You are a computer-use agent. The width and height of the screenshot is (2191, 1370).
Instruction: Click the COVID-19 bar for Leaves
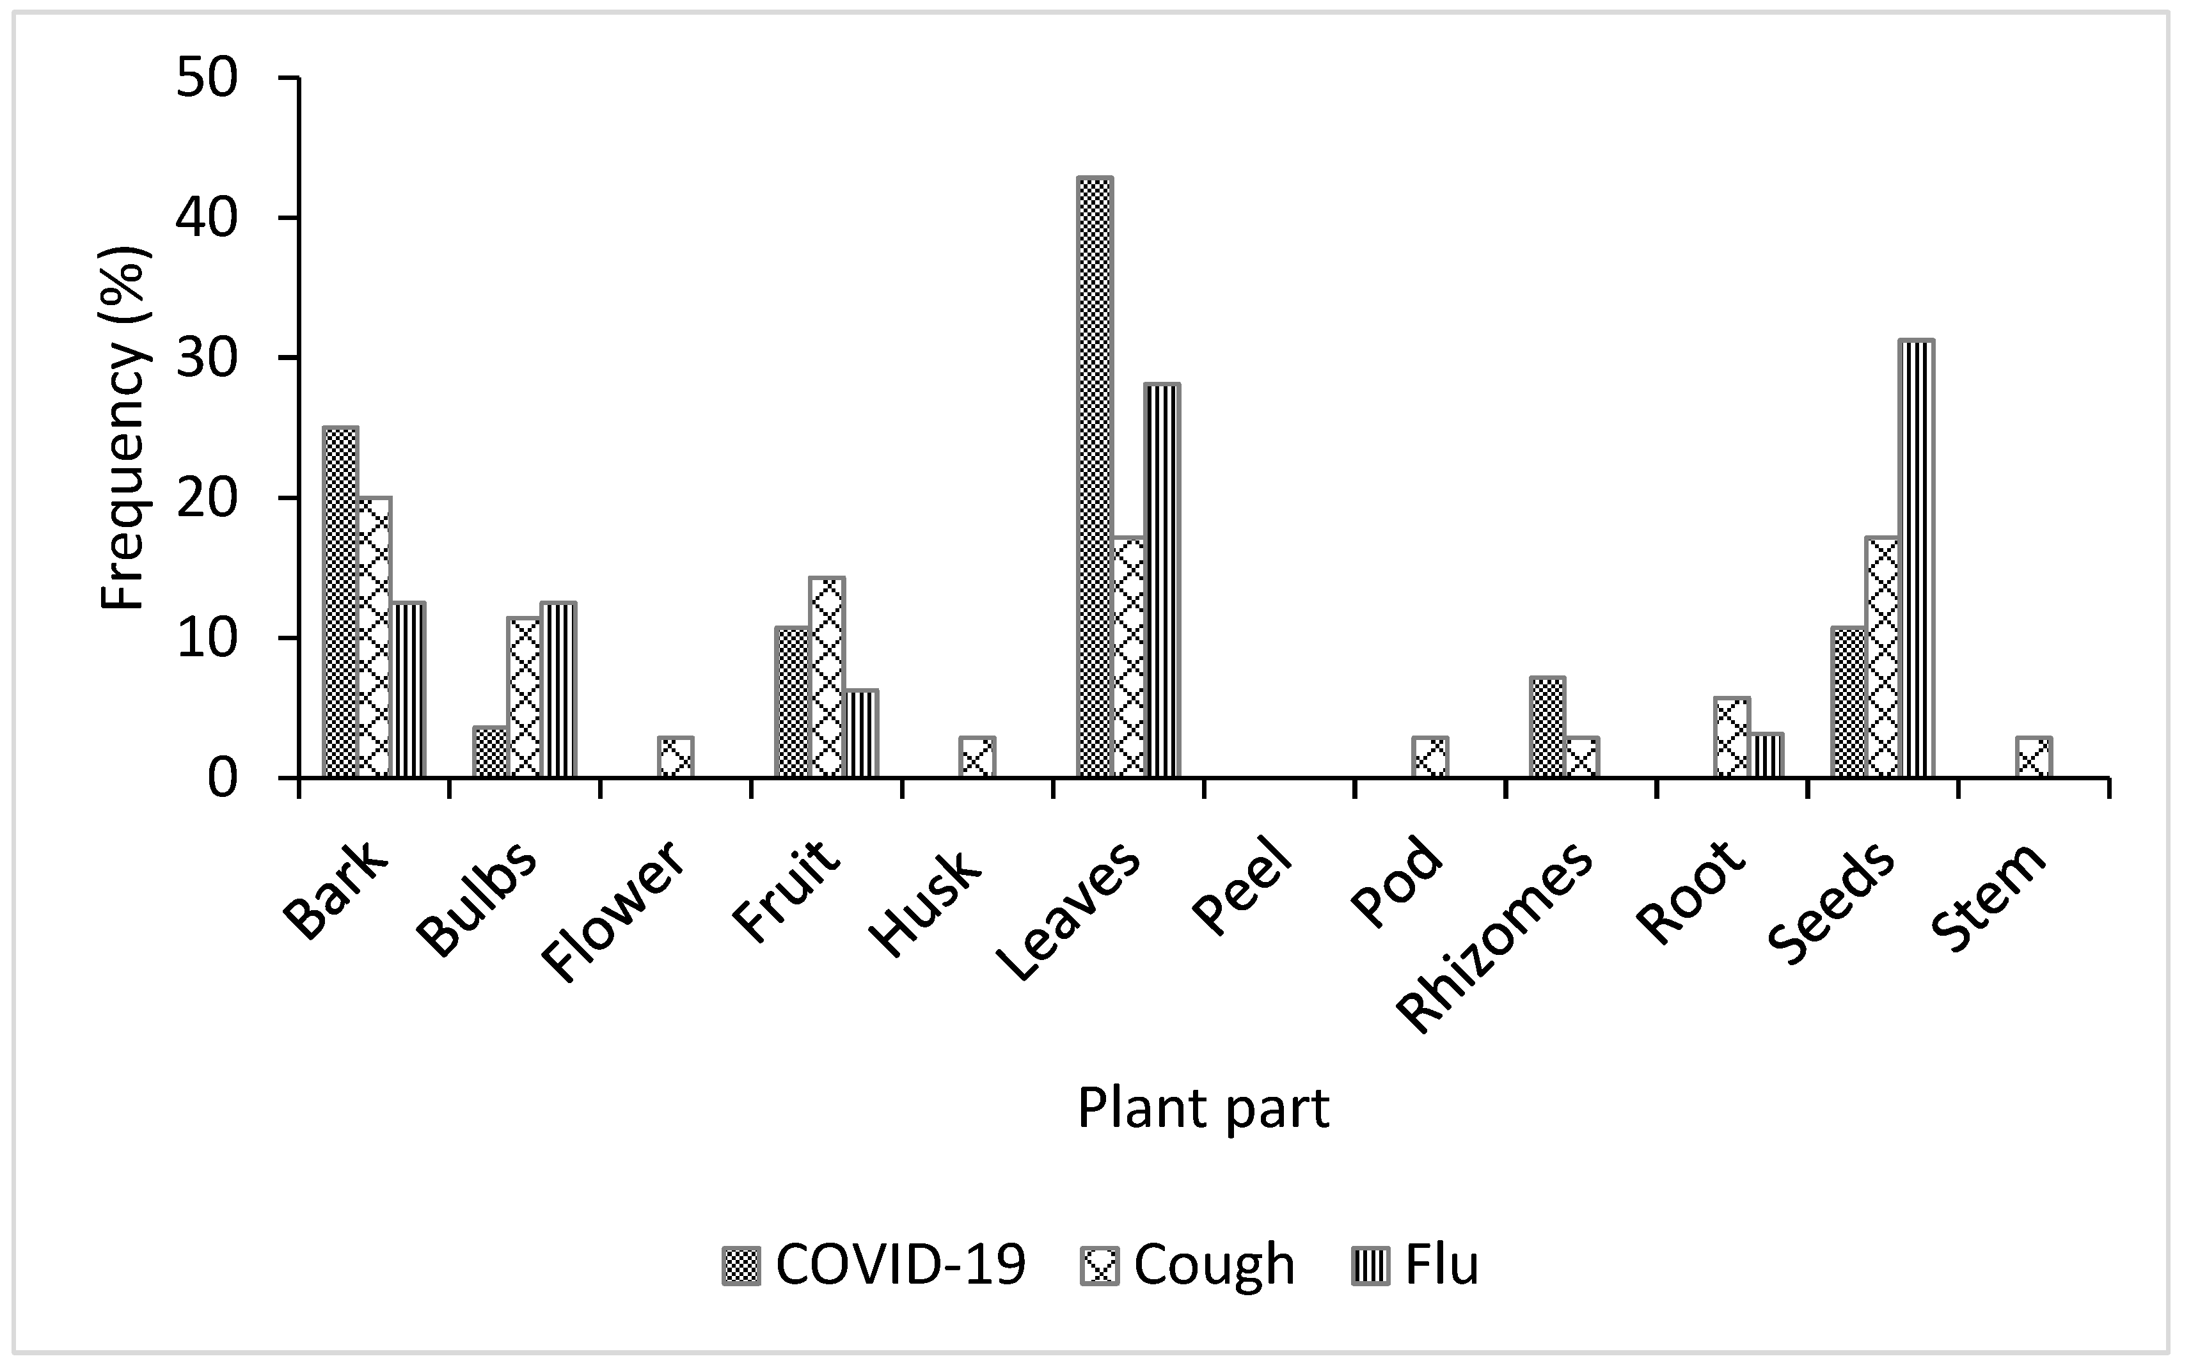(1095, 478)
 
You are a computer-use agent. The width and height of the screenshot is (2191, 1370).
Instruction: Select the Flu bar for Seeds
(1915, 559)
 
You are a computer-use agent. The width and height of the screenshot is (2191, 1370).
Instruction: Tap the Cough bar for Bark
(374, 638)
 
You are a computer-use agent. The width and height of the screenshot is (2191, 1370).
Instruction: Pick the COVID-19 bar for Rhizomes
(1547, 728)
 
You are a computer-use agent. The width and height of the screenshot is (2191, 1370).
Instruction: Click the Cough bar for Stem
(2034, 757)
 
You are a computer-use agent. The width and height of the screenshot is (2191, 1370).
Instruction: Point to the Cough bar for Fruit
(827, 678)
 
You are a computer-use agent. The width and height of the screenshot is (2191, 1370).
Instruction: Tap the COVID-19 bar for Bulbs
(490, 752)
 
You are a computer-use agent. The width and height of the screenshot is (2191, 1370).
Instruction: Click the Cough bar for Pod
(1430, 757)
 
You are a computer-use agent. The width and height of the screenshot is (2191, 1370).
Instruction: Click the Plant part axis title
(1203, 1108)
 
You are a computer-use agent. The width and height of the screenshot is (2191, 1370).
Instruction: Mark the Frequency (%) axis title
(123, 428)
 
